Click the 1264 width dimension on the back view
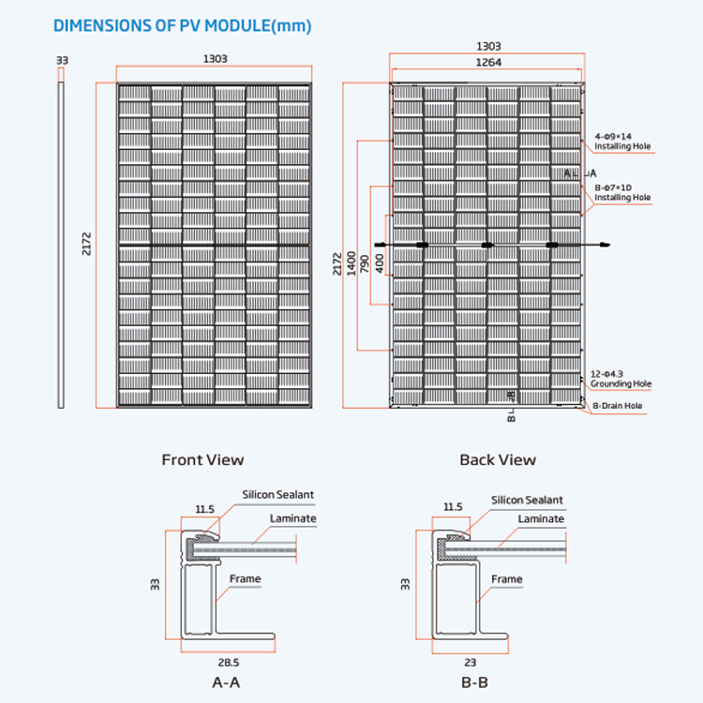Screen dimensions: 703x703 pyautogui.click(x=488, y=63)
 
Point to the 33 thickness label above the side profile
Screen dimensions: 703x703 pyautogui.click(x=62, y=60)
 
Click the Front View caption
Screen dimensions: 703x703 pyautogui.click(x=202, y=459)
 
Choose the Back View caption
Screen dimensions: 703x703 pyautogui.click(x=498, y=459)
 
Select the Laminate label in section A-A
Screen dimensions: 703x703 pyautogui.click(x=292, y=518)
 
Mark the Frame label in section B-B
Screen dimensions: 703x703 pyautogui.click(x=506, y=579)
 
